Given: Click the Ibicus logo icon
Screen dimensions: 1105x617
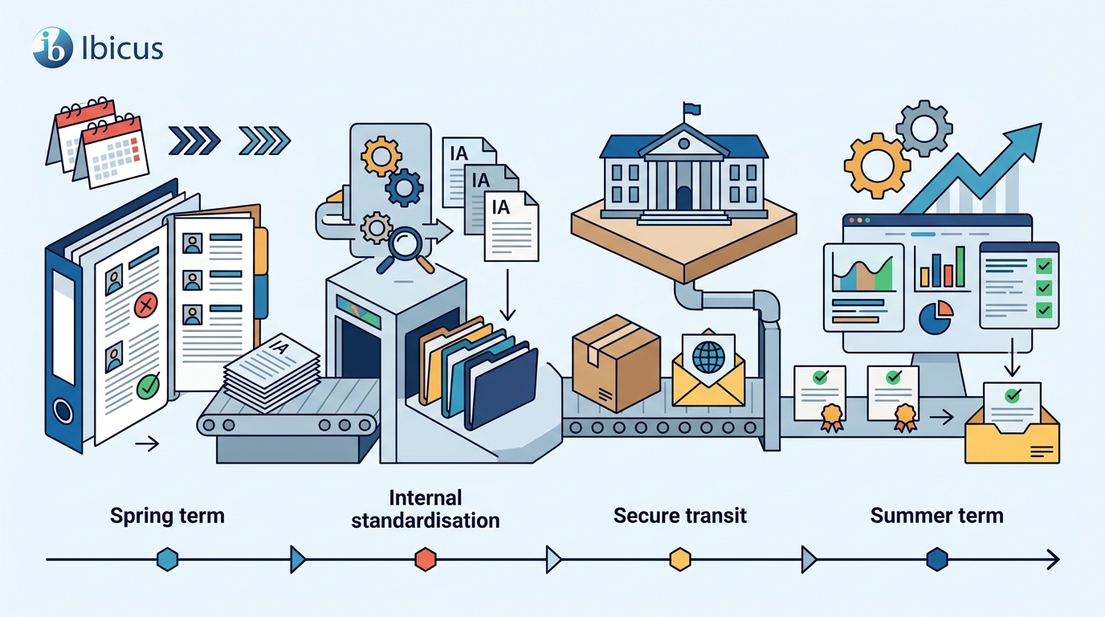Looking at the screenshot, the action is pos(53,47).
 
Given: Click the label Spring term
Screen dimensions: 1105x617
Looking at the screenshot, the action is pos(167,516).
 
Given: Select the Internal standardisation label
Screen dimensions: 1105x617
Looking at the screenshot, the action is pos(426,509).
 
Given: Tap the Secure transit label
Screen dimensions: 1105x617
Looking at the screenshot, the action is pos(679,515).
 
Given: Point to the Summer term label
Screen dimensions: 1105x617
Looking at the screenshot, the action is pos(937,515).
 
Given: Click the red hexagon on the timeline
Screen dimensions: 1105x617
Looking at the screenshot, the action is pos(426,559).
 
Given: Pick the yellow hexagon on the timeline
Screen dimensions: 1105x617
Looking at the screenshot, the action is pos(679,559).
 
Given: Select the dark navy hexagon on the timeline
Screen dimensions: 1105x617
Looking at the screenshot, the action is pos(937,559).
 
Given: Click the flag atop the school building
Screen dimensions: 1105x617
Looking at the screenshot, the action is pos(692,109).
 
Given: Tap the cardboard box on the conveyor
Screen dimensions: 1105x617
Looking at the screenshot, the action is pos(616,363).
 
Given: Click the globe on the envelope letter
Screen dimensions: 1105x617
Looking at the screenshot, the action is pos(708,358).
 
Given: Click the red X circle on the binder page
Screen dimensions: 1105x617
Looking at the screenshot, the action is pos(145,305).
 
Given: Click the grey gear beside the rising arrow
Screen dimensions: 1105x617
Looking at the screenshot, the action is pos(924,129).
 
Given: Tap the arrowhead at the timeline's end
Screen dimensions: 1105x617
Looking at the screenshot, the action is pos(1054,560).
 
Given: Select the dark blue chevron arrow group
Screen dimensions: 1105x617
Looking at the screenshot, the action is pos(194,141).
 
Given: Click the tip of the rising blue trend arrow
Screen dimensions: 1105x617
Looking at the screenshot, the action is pos(1042,124).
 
